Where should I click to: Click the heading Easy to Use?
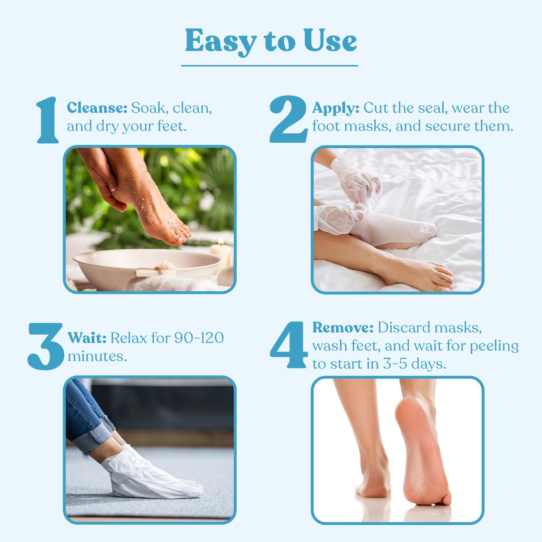[x=271, y=41]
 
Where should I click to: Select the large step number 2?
[x=288, y=119]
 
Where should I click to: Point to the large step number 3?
[x=46, y=346]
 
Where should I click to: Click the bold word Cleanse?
[x=97, y=108]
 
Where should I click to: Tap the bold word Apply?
[x=336, y=108]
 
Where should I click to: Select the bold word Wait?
[x=87, y=338]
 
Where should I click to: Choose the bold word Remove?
[x=343, y=327]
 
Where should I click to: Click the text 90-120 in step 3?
[x=199, y=338]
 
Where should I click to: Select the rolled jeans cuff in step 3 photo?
[x=95, y=435]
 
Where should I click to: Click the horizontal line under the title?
[x=269, y=66]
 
